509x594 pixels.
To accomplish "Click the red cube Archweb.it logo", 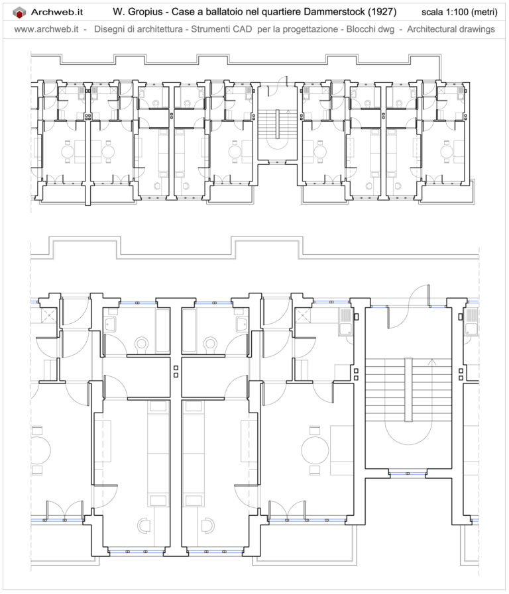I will click(x=20, y=12).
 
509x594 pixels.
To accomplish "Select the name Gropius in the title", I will click(x=150, y=12).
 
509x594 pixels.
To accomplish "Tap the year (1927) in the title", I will click(x=381, y=12).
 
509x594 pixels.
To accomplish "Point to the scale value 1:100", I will click(x=451, y=12).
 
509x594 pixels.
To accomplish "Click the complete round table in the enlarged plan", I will click(x=315, y=450).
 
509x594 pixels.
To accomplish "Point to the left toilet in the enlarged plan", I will click(x=141, y=344).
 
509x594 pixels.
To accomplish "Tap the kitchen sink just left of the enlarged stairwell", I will click(x=346, y=321).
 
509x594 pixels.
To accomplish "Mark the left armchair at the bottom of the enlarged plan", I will click(x=144, y=524).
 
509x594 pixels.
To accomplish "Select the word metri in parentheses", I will click(x=483, y=12).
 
